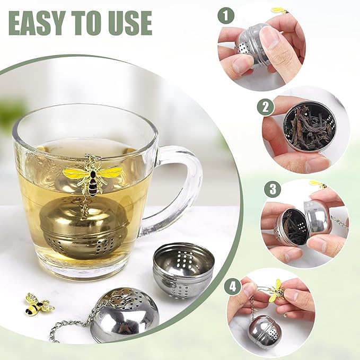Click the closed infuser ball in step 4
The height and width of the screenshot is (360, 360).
[265, 332]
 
